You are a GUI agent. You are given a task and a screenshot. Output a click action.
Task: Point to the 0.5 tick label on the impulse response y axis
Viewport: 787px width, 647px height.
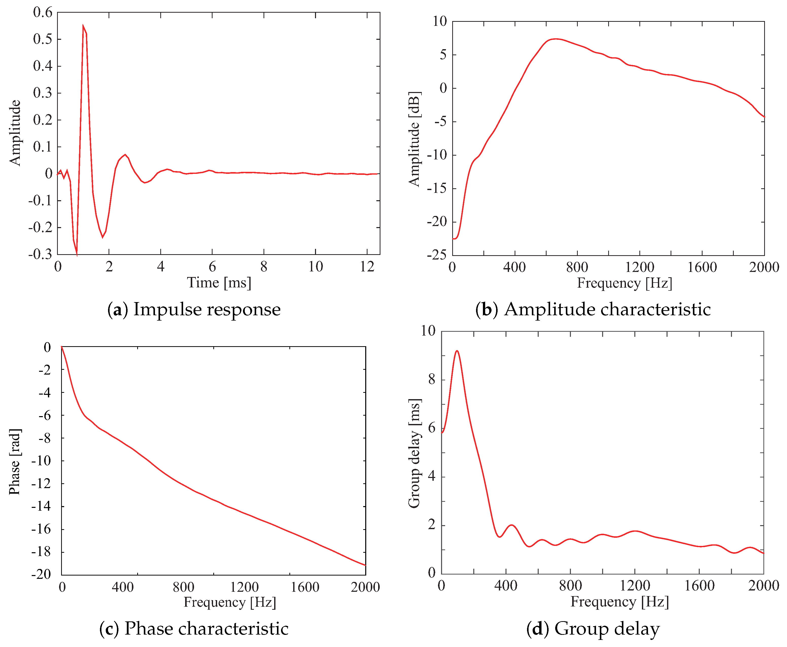pos(43,39)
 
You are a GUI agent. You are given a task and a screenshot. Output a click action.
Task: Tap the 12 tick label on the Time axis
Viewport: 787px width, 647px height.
pos(367,266)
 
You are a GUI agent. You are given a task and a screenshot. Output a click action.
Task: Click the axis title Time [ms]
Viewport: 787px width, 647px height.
pos(219,283)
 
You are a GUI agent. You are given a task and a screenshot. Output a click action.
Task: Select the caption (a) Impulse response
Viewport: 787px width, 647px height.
pos(194,309)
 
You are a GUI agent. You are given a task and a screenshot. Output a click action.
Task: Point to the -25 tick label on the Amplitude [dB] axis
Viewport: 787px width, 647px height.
pos(436,255)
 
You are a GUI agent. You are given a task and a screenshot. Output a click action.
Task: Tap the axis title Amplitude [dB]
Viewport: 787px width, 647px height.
pos(414,139)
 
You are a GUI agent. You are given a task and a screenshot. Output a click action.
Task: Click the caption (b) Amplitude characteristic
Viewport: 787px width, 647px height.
pos(593,309)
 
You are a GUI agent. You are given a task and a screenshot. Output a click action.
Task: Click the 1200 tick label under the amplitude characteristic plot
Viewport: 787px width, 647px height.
pos(639,267)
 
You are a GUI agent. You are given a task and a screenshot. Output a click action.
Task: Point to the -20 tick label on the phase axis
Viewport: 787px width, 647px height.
pos(41,574)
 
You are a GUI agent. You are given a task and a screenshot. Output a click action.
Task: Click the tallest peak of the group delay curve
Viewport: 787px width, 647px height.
pos(457,351)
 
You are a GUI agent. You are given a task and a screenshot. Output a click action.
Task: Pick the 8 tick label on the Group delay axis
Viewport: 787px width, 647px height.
pos(432,380)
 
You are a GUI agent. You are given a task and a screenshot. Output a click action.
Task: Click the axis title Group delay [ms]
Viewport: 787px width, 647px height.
pos(414,453)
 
